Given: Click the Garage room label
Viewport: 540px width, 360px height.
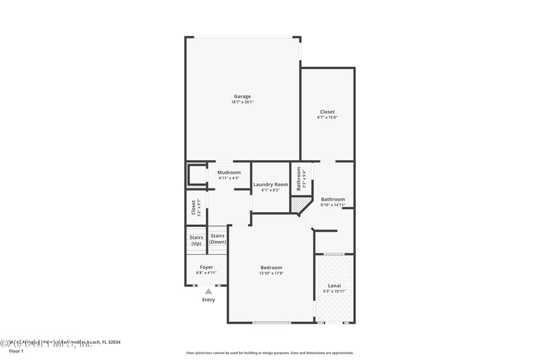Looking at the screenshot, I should pyautogui.click(x=242, y=97).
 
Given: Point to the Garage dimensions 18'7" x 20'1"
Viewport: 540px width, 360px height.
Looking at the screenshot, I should pyautogui.click(x=242, y=102).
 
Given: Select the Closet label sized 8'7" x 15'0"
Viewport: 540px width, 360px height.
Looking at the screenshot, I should pyautogui.click(x=327, y=112).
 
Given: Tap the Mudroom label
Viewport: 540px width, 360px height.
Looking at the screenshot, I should pyautogui.click(x=229, y=173).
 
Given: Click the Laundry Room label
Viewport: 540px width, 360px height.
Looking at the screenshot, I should pyautogui.click(x=270, y=184).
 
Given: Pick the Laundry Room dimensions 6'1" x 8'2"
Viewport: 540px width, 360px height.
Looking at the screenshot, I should pyautogui.click(x=270, y=190).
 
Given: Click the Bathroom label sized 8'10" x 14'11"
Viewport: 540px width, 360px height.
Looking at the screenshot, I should pyautogui.click(x=333, y=199).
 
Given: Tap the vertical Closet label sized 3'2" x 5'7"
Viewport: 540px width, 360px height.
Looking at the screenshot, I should pyautogui.click(x=194, y=207).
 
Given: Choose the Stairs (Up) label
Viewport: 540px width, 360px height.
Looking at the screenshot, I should pyautogui.click(x=196, y=240).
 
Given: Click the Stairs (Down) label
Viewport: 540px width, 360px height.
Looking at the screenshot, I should pyautogui.click(x=217, y=238).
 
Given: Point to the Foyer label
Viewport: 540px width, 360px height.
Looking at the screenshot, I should pyautogui.click(x=206, y=267).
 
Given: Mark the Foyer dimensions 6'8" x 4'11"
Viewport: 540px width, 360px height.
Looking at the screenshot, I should pyautogui.click(x=206, y=273).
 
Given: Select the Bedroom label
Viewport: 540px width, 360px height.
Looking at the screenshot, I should pyautogui.click(x=271, y=267).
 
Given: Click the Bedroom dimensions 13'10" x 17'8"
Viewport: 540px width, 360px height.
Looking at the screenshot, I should pyautogui.click(x=271, y=273).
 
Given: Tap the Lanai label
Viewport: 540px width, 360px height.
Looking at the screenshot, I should pyautogui.click(x=334, y=286).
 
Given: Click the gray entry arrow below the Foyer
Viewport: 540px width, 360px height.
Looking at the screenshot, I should pyautogui.click(x=208, y=291).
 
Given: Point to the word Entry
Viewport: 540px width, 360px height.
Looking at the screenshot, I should pyautogui.click(x=209, y=300).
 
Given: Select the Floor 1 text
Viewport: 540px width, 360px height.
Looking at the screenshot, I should pyautogui.click(x=16, y=351).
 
